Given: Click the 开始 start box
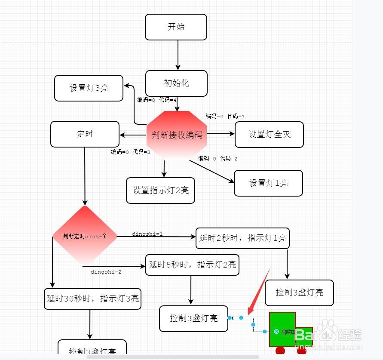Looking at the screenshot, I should [x=176, y=27].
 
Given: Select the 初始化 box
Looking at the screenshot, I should [x=176, y=83].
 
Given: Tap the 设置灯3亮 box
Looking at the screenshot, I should [x=89, y=88].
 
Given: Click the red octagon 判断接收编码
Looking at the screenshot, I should [x=177, y=135].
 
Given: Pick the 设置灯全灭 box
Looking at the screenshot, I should [x=269, y=135].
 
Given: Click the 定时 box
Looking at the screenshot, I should [x=85, y=134].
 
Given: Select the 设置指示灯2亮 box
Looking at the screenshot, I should [x=160, y=190].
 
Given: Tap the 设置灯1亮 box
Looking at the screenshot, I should [x=268, y=183].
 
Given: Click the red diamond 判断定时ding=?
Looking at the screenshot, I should [x=85, y=236].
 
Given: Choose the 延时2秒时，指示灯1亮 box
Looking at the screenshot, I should [x=242, y=238].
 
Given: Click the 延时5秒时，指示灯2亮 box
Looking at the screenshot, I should [x=192, y=265].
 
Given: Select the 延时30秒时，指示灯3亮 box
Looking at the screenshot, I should [x=92, y=298].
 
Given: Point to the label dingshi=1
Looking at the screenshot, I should [x=147, y=234].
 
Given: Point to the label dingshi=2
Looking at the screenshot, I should [x=106, y=272].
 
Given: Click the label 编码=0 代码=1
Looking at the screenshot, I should [x=225, y=116].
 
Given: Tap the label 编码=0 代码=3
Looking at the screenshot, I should [x=130, y=152].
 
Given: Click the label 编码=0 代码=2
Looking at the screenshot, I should [x=218, y=158].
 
